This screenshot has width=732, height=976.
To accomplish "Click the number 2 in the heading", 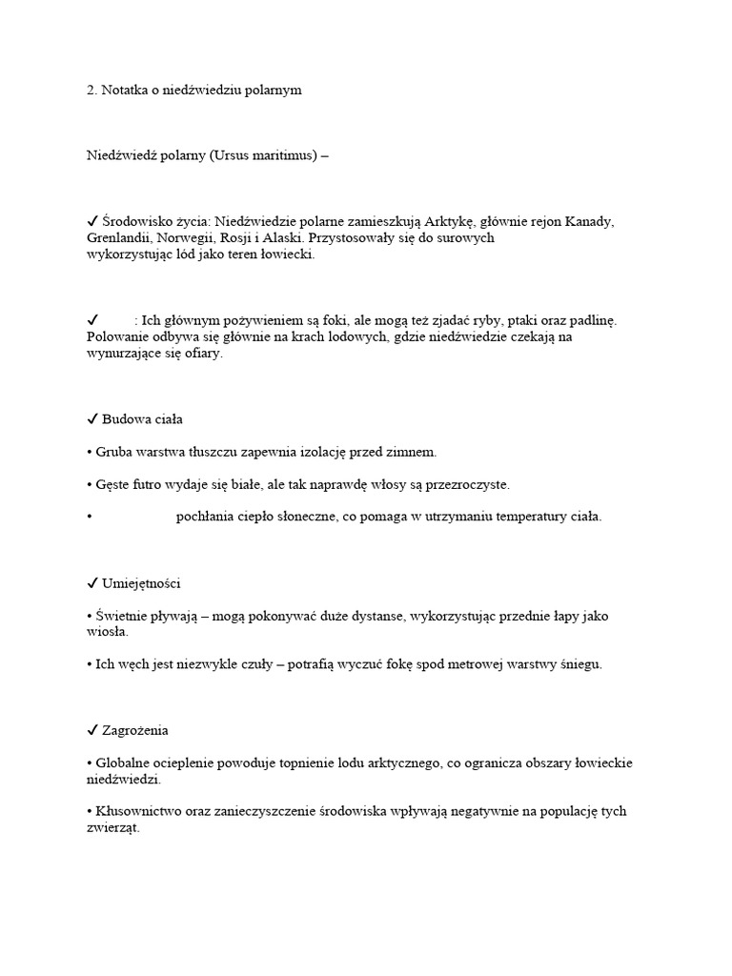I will tap(91, 90).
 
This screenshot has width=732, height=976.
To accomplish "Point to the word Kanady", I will tap(589, 221).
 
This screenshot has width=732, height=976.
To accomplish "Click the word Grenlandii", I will tap(119, 238).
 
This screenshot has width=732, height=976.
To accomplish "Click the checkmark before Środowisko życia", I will tap(92, 221).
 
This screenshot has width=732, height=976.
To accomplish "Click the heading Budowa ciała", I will tap(142, 418).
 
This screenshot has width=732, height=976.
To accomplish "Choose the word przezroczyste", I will tap(464, 484).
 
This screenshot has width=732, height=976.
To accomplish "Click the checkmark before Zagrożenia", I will tap(92, 730).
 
